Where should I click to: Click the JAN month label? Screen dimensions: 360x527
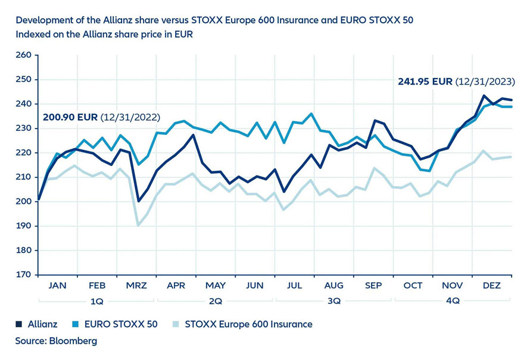click(x=57, y=286)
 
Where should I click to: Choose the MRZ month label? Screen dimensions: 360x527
click(x=136, y=286)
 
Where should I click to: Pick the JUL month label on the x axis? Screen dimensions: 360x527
click(x=294, y=286)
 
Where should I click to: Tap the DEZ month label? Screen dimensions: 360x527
click(x=491, y=286)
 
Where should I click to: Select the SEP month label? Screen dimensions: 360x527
click(x=373, y=286)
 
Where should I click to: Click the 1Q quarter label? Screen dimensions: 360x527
click(x=96, y=301)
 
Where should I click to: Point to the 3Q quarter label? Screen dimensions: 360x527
click(x=334, y=301)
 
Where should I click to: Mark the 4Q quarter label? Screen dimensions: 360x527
click(x=453, y=301)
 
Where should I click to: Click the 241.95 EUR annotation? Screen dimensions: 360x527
click(x=425, y=82)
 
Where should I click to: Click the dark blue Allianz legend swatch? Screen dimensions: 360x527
click(x=19, y=324)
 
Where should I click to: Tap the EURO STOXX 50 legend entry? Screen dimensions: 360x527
click(x=113, y=324)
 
